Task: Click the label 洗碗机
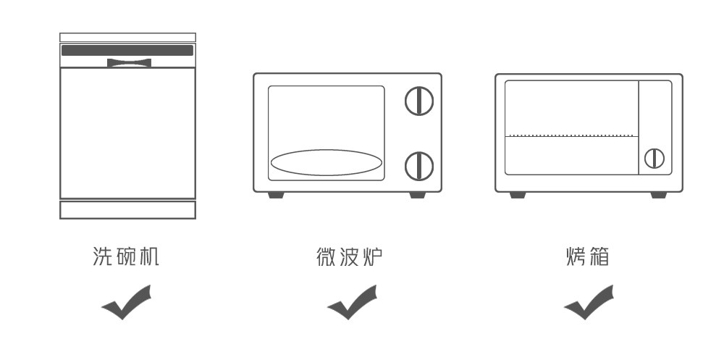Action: pos(126,256)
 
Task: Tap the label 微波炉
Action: pos(350,256)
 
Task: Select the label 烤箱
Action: pos(588,256)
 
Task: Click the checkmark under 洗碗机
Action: pos(127,302)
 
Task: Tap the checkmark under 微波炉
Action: pos(353,302)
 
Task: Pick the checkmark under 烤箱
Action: pos(589,302)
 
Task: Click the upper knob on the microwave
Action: pos(419,101)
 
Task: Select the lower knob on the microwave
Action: pos(419,166)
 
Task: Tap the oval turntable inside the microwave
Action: pos(327,162)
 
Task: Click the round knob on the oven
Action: pos(654,159)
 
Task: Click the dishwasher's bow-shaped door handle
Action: pos(130,63)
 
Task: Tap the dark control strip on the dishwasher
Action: pos(127,51)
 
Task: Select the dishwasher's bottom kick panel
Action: pos(128,210)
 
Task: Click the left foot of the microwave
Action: pos(276,195)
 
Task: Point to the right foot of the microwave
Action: pos(418,195)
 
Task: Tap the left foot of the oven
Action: pos(518,195)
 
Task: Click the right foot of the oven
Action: pos(659,195)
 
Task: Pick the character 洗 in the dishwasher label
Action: pos(103,256)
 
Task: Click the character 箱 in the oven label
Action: pos(599,256)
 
